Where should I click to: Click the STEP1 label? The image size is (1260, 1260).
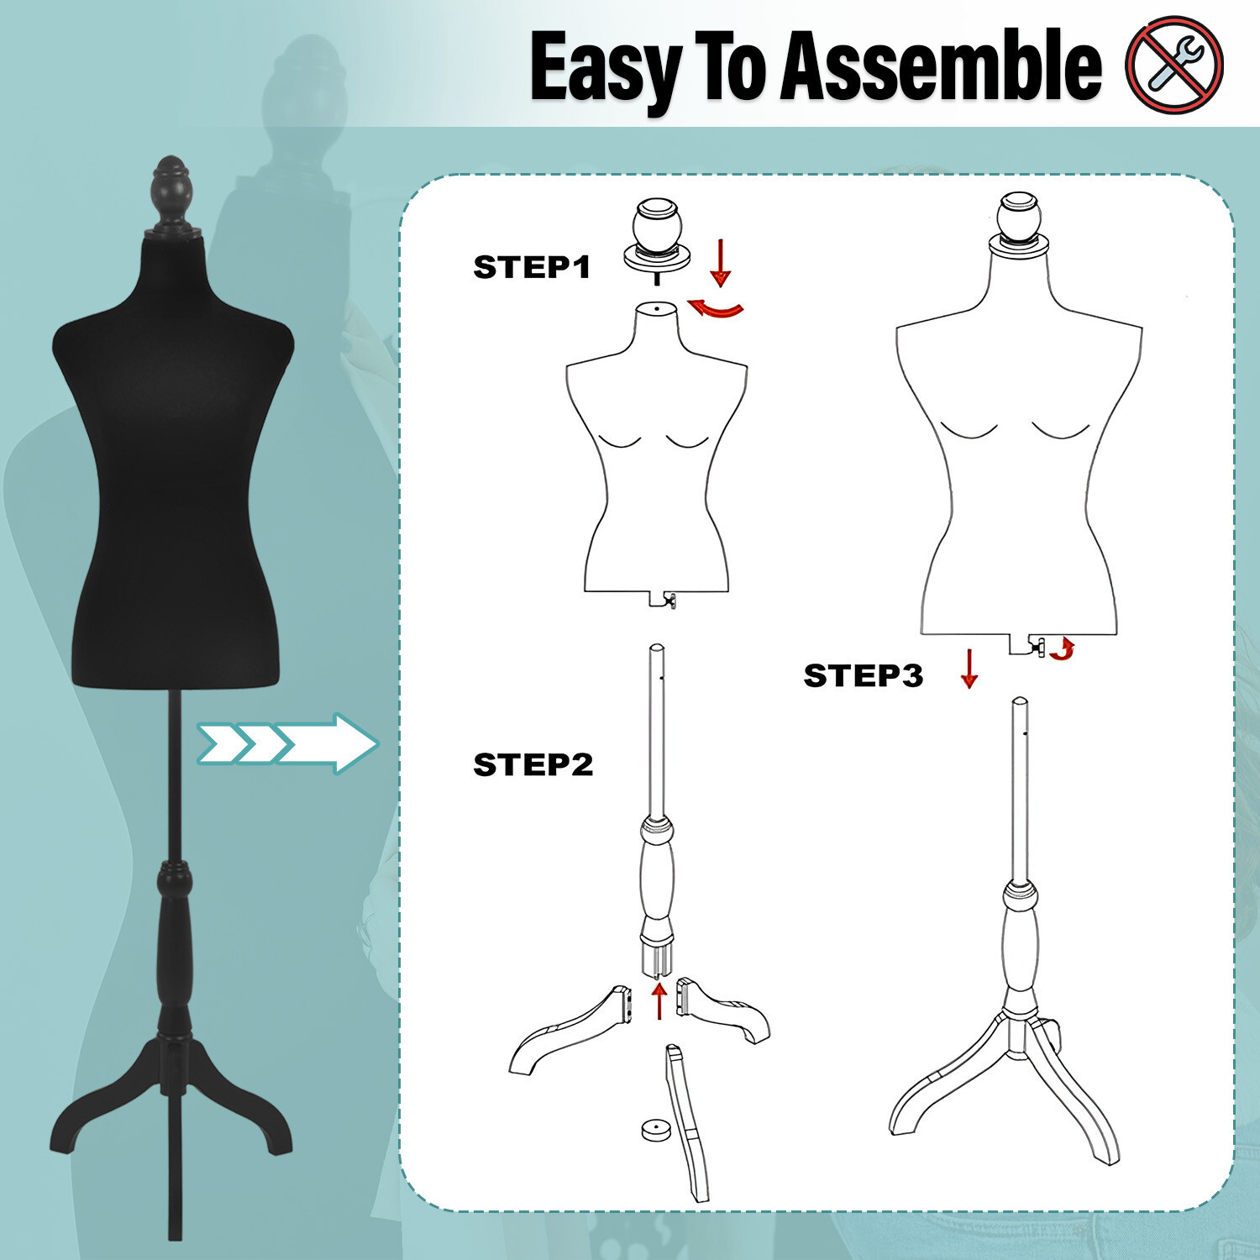tap(532, 267)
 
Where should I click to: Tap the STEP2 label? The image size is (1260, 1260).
tap(533, 765)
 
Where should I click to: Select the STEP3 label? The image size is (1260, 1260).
tap(863, 675)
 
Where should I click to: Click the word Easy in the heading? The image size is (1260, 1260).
tap(606, 67)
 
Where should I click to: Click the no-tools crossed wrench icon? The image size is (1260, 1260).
tap(1174, 65)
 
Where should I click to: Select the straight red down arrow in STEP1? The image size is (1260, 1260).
tap(720, 262)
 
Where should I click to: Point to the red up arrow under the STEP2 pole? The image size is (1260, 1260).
tap(660, 1001)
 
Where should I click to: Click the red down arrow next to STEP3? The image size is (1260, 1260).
tap(969, 669)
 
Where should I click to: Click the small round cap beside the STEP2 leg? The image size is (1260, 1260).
tap(655, 1130)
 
